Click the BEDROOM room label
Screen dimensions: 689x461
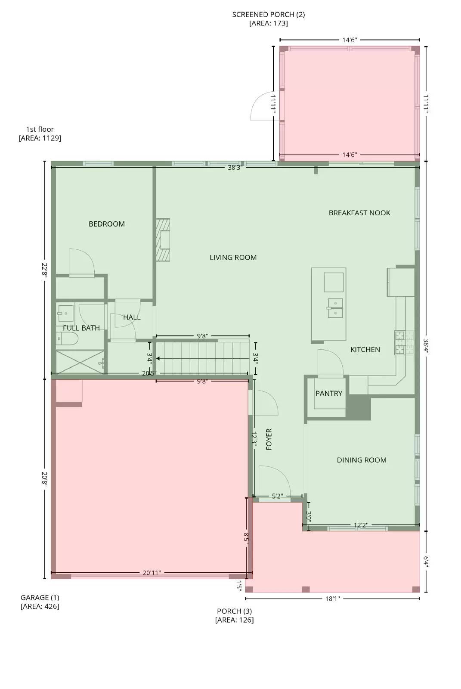pyautogui.click(x=106, y=224)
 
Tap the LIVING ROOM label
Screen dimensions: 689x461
pyautogui.click(x=233, y=258)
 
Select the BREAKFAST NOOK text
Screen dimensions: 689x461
pyautogui.click(x=359, y=213)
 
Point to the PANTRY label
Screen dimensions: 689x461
pyautogui.click(x=329, y=393)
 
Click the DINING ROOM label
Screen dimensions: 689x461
pyautogui.click(x=362, y=460)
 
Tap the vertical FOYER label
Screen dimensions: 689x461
pyautogui.click(x=269, y=439)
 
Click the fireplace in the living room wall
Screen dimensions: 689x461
pyautogui.click(x=163, y=240)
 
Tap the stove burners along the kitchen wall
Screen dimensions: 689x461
pyautogui.click(x=404, y=342)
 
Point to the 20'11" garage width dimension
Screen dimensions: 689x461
pyautogui.click(x=152, y=573)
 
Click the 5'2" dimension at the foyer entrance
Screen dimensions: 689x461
pyautogui.click(x=277, y=496)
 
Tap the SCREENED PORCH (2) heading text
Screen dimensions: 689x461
pyautogui.click(x=268, y=14)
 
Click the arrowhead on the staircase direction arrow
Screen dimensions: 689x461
pyautogui.click(x=158, y=358)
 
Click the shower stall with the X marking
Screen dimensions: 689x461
pyautogui.click(x=80, y=362)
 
